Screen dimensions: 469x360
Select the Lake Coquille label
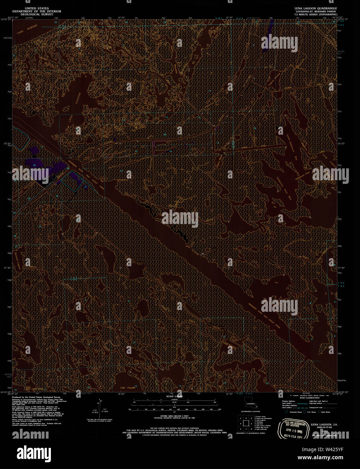pos(128,387)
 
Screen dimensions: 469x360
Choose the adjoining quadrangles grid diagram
pos(246,423)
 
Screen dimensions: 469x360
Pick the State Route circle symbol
pos(319,412)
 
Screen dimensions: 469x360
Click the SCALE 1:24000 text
pos(172,396)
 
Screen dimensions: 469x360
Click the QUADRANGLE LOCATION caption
pos(250,412)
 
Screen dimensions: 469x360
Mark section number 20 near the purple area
pos(35,165)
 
